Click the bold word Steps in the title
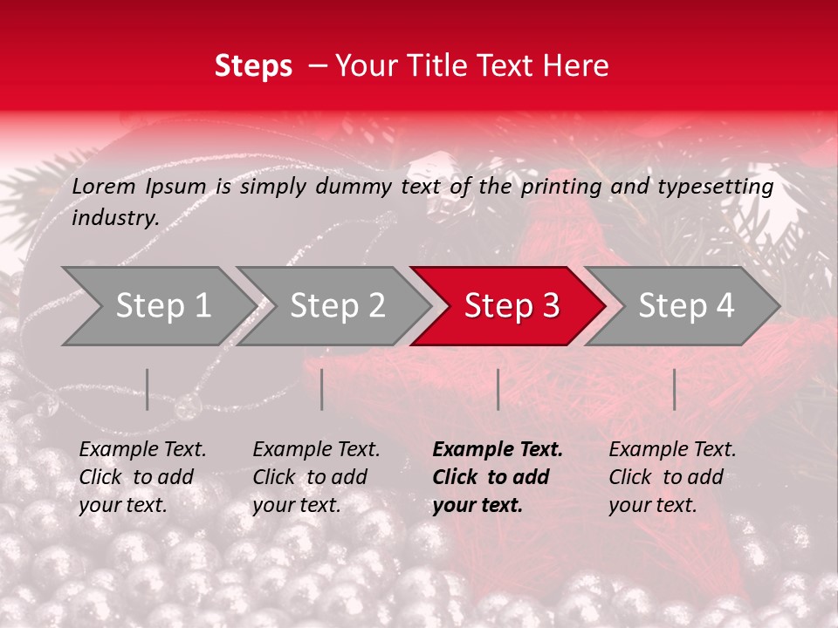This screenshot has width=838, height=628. point(253,66)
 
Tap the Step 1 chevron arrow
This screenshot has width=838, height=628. point(157,306)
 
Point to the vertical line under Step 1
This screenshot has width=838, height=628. point(148,389)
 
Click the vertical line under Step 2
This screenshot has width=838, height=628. point(322,389)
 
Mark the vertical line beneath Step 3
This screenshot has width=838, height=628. point(498,389)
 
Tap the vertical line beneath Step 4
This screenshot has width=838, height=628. point(674,389)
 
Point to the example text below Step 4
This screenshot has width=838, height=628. point(672,477)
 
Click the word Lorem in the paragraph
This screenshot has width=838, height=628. point(104,187)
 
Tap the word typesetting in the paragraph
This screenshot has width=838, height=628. point(715,187)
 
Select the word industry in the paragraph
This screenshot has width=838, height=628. point(115,218)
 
